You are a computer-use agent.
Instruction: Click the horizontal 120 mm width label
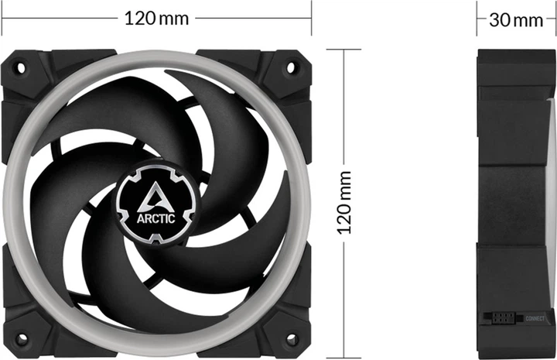point(156,18)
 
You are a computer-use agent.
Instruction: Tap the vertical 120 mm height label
point(344,204)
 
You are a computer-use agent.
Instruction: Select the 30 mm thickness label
point(516,19)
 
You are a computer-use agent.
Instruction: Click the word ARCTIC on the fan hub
point(157,218)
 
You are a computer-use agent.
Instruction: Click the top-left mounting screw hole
point(21,68)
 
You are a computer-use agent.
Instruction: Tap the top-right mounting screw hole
point(292,68)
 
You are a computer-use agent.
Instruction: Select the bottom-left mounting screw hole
point(21,339)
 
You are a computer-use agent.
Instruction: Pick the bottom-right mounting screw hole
point(292,339)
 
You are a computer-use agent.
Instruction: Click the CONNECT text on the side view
point(535,318)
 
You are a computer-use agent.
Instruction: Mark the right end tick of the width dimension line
point(311,18)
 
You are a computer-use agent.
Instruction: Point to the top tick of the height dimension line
point(343,50)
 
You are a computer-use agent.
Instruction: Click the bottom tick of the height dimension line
point(343,358)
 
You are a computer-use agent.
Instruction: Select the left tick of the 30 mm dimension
point(478,19)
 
